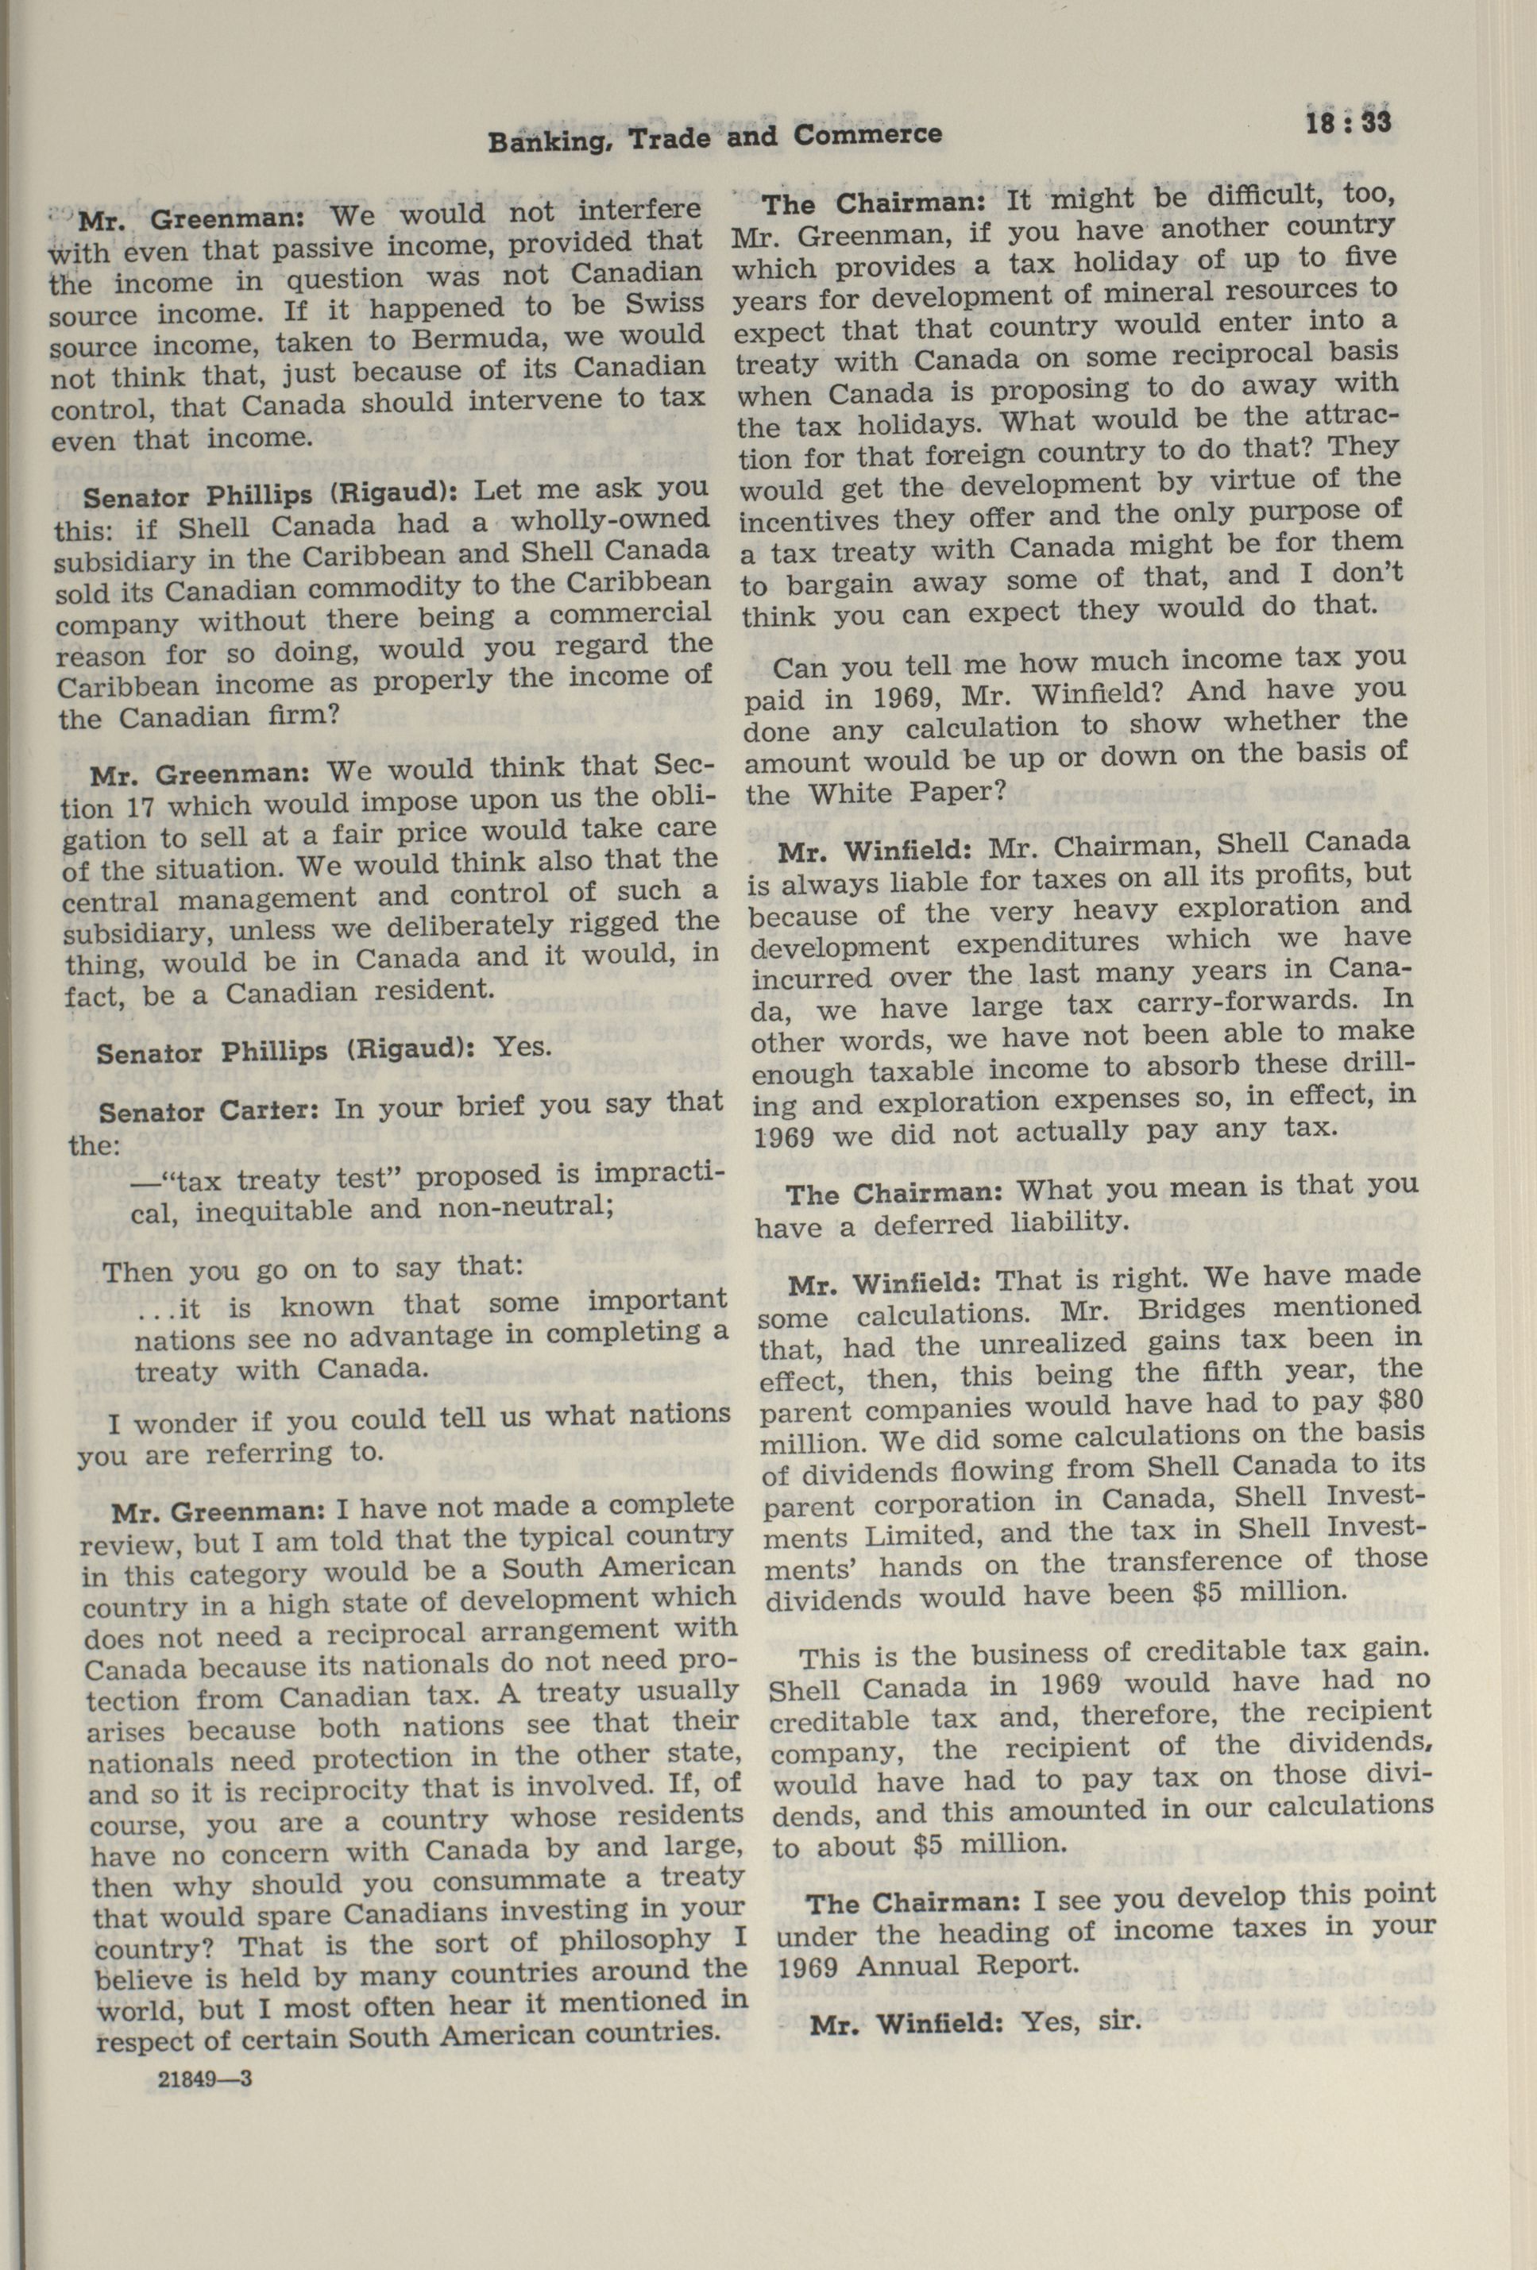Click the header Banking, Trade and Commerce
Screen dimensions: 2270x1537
[714, 137]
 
